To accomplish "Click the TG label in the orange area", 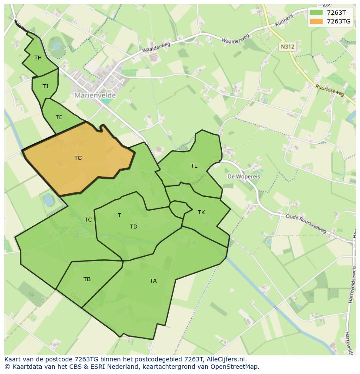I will (x=78, y=158).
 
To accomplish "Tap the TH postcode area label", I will (x=38, y=58).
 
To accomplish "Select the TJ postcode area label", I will (x=45, y=86).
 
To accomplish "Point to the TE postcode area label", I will (x=59, y=117).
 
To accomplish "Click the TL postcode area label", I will (x=194, y=166).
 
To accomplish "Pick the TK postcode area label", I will (x=201, y=212).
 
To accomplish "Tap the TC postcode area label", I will (x=88, y=220).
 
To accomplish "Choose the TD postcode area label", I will (x=133, y=227).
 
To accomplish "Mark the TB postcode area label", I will (x=87, y=279).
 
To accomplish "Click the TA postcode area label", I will (x=153, y=281).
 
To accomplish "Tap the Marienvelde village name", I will (x=94, y=95).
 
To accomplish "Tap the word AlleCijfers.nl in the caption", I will (x=226, y=359).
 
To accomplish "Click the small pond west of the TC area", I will (x=48, y=200).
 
